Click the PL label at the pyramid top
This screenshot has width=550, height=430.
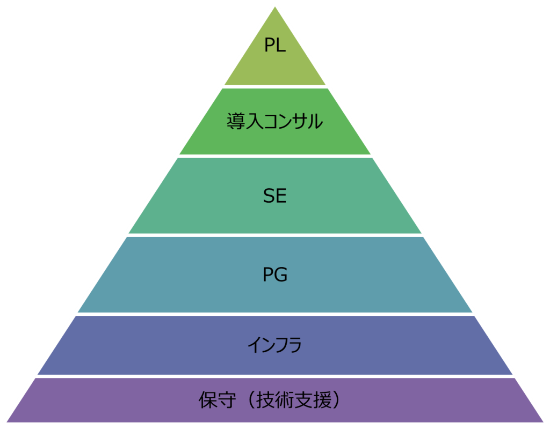tap(275, 45)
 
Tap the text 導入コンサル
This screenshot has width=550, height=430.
tap(274, 121)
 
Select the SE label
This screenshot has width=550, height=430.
tap(274, 196)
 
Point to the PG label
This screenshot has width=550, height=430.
tap(275, 275)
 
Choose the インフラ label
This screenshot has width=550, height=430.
tap(274, 345)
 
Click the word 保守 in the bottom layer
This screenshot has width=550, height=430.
tap(218, 400)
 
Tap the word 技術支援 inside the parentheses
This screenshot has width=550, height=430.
tap(294, 400)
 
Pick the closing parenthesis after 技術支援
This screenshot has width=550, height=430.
tap(336, 400)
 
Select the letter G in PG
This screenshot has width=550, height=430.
tap(281, 275)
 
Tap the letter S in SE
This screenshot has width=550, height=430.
tap(269, 196)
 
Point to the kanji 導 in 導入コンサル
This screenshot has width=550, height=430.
tap(236, 121)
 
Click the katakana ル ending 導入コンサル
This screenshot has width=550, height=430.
tap(314, 122)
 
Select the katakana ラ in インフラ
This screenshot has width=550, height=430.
tap(293, 345)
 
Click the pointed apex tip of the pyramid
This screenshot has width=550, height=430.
tap(275, 7)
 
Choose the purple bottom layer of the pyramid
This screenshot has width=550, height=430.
tap(275, 400)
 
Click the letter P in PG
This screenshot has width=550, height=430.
tap(268, 275)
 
